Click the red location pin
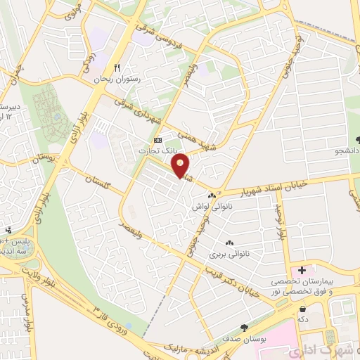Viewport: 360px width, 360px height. click(181, 165)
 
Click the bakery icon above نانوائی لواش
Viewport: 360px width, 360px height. click(212, 196)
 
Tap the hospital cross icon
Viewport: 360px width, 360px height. click(303, 270)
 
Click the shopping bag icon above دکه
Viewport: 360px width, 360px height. click(302, 308)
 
